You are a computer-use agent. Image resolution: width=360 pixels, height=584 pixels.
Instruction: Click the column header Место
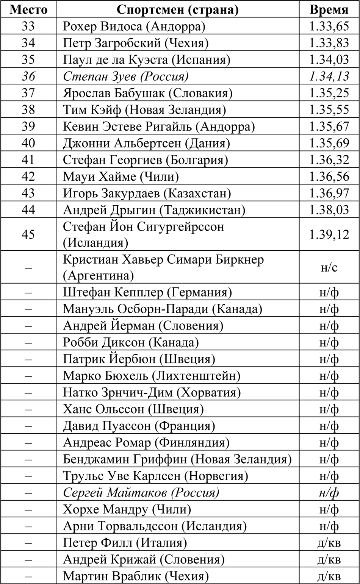pyautogui.click(x=28, y=9)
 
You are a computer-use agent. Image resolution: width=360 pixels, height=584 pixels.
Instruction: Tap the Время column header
pyautogui.click(x=329, y=9)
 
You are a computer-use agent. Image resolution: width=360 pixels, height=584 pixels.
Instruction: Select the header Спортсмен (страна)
pyautogui.click(x=177, y=9)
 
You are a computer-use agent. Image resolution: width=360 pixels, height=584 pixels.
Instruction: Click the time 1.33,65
pyautogui.click(x=329, y=27)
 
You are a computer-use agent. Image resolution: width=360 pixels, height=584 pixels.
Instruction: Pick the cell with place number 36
pyautogui.click(x=28, y=77)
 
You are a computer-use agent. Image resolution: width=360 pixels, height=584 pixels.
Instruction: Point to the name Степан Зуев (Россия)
pyautogui.click(x=125, y=77)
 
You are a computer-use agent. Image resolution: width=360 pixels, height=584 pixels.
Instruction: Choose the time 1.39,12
pyautogui.click(x=329, y=234)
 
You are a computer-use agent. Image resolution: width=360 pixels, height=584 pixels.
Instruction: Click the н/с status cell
pyautogui.click(x=329, y=267)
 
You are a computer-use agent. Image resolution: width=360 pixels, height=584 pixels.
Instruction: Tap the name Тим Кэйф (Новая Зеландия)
pyautogui.click(x=144, y=110)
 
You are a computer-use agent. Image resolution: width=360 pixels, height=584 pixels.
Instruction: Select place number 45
pyautogui.click(x=28, y=234)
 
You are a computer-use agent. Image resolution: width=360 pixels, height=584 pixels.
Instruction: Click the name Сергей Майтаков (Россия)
pyautogui.click(x=141, y=492)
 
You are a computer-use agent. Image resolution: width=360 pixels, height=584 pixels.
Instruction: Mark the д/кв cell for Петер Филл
pyautogui.click(x=329, y=543)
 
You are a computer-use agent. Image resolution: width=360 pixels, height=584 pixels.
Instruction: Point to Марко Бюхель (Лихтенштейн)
pyautogui.click(x=152, y=376)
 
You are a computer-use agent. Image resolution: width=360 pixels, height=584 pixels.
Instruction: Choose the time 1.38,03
pyautogui.click(x=329, y=209)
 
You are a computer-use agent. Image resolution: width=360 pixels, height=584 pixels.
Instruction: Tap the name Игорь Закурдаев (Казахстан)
pyautogui.click(x=147, y=193)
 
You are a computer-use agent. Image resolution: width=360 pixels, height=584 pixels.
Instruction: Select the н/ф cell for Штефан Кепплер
pyautogui.click(x=329, y=292)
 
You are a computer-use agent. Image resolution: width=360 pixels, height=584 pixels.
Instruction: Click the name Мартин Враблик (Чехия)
pyautogui.click(x=136, y=576)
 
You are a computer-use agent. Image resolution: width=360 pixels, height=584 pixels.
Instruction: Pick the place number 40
pyautogui.click(x=28, y=143)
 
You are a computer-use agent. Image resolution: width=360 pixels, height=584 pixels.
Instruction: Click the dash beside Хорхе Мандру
pyautogui.click(x=28, y=509)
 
